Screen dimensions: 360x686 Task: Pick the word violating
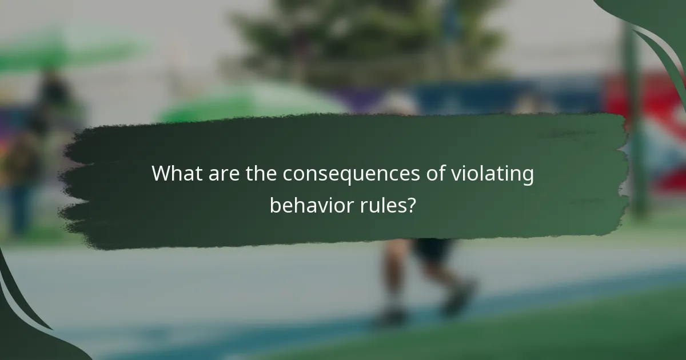pos(489,174)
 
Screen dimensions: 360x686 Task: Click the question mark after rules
pos(410,205)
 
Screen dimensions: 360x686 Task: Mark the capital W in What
pos(161,174)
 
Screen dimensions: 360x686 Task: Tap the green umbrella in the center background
pos(252,103)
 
